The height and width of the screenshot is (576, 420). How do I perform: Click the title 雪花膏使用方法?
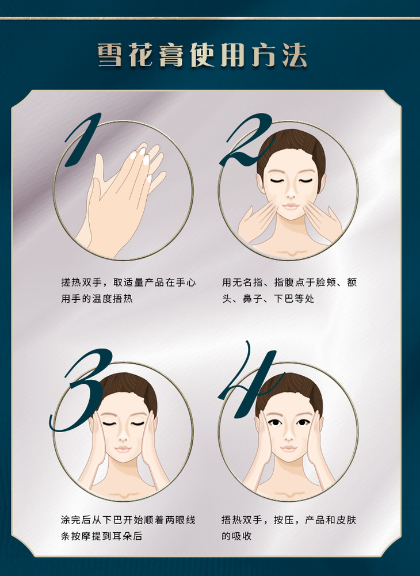coord(202,55)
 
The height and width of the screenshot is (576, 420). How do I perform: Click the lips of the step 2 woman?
coord(291,207)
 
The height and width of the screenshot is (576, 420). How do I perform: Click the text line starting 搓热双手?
coord(128,283)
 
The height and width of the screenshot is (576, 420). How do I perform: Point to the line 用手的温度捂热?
coord(97,298)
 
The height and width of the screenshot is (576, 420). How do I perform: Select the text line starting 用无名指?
coord(289,283)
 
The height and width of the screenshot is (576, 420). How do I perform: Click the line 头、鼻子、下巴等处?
coord(268,298)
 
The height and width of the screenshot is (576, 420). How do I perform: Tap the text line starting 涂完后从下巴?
coord(128,520)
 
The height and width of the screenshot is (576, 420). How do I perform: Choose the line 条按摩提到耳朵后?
coord(101,536)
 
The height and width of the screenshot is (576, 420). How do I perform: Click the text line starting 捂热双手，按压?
coord(289,520)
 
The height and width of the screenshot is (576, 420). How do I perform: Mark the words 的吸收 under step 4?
coord(236,536)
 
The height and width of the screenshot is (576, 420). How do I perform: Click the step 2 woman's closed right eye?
coord(276,181)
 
